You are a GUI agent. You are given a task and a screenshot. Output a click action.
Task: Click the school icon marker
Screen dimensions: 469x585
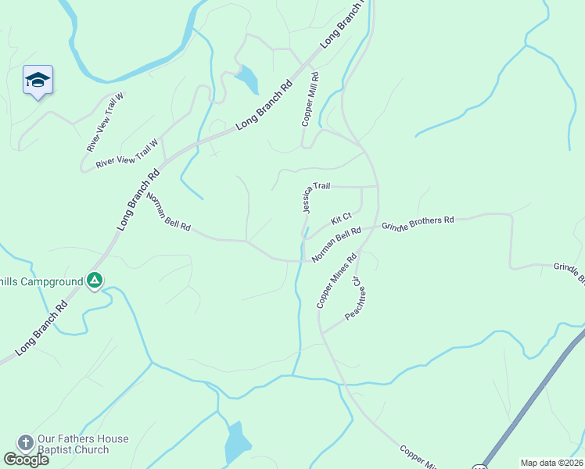point(38,81)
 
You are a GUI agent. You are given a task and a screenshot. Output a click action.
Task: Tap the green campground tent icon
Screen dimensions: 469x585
point(94,280)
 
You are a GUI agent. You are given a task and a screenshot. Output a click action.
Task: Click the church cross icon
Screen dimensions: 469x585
point(25,443)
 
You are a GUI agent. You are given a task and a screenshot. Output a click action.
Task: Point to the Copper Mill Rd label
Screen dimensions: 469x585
point(311,99)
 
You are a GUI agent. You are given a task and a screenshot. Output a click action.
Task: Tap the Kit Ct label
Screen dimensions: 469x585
point(341,220)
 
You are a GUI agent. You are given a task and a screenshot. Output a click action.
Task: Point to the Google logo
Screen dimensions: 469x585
point(26,460)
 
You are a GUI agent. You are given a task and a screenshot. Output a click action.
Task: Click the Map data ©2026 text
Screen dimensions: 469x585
point(551,463)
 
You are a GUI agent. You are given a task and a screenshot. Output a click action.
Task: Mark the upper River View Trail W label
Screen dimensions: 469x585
point(106,121)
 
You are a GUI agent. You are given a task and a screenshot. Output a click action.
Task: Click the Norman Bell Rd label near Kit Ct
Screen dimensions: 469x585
point(336,245)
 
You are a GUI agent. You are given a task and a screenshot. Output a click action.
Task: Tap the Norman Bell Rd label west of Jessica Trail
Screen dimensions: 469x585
point(168,213)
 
